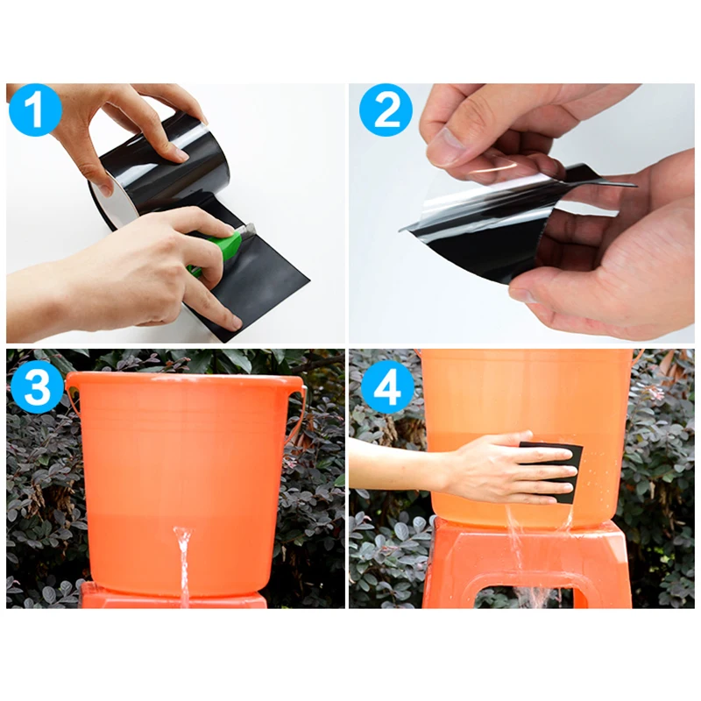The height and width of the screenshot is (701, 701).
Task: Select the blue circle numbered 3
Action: pyautogui.click(x=37, y=386)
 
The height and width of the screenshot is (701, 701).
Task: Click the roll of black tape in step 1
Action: pyautogui.click(x=159, y=179)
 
